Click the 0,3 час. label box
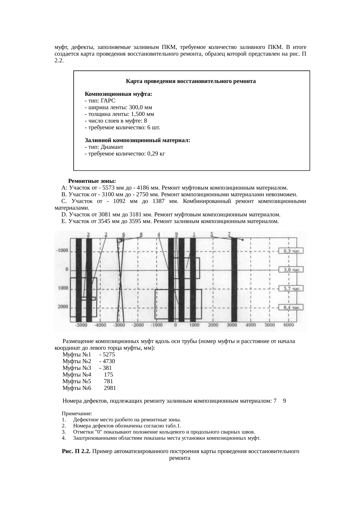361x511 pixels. (x=291, y=251)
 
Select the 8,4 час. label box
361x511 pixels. (x=291, y=307)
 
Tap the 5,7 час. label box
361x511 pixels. (x=291, y=289)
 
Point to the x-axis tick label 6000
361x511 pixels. (x=289, y=325)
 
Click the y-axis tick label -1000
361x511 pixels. (x=62, y=250)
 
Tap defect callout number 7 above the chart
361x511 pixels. (x=229, y=234)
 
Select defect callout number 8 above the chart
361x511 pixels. (x=141, y=234)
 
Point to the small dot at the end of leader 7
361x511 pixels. (x=243, y=240)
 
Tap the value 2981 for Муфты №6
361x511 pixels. (x=110, y=388)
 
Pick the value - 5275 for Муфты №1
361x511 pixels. (x=107, y=355)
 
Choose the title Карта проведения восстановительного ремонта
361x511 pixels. (x=191, y=81)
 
